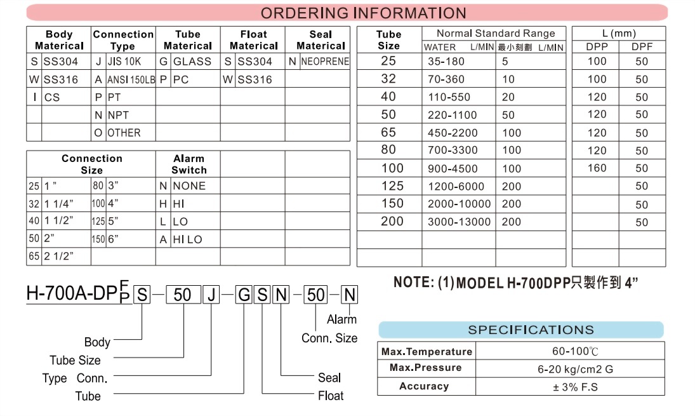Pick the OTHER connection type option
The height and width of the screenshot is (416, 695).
click(x=124, y=133)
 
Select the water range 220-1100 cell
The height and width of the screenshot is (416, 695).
click(x=453, y=115)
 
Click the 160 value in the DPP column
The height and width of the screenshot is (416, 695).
click(x=597, y=168)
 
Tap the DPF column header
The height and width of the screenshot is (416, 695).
click(x=642, y=46)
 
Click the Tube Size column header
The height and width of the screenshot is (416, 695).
click(x=388, y=40)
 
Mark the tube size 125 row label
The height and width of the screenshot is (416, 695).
click(x=392, y=186)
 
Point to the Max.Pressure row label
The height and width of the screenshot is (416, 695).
click(x=426, y=368)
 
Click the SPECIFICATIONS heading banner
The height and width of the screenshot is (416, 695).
click(x=531, y=330)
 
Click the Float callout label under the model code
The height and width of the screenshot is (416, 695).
click(x=331, y=396)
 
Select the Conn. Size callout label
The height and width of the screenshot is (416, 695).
click(x=329, y=339)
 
